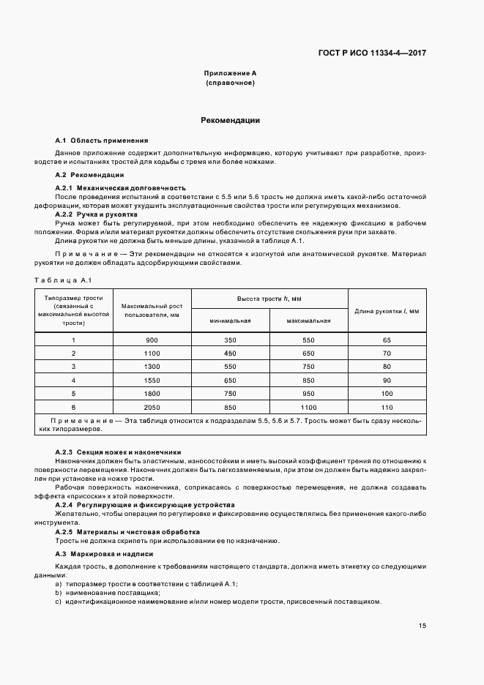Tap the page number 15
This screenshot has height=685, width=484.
tap(423, 625)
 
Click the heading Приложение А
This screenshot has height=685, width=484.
tap(230, 74)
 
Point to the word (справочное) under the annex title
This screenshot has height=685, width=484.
tap(230, 83)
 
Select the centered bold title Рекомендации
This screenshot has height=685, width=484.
tap(230, 120)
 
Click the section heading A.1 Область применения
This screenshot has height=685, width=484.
tap(102, 139)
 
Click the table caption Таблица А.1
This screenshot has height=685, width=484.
tap(63, 280)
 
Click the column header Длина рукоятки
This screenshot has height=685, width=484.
tap(387, 311)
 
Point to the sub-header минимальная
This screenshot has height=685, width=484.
tap(230, 321)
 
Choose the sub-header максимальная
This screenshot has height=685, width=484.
tap(308, 321)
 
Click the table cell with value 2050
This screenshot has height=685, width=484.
tap(151, 406)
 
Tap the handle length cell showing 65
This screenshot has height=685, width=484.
tap(387, 340)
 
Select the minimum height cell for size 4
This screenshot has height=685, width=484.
tap(230, 380)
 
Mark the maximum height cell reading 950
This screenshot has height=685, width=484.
tap(308, 393)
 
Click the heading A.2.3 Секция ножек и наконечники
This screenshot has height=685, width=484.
tap(119, 452)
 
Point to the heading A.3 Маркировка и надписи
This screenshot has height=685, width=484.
tap(105, 554)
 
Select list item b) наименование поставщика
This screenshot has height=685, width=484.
tap(112, 591)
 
